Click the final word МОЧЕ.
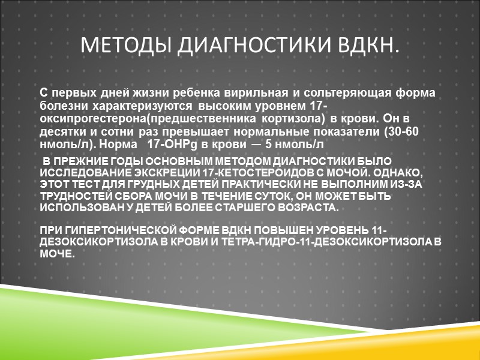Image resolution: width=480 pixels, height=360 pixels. point(57,254)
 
